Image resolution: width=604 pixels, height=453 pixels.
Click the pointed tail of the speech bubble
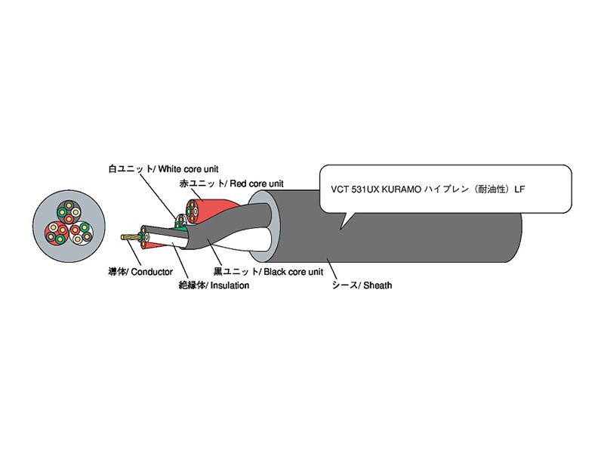(344, 220)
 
